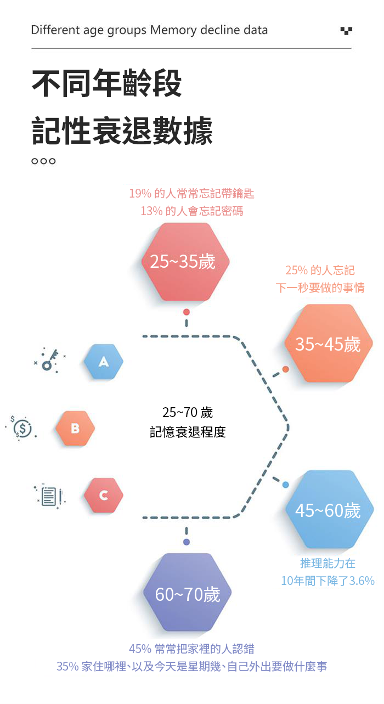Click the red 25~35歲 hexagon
185,262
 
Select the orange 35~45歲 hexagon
329,343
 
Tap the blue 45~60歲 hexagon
329,509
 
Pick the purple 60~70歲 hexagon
187,592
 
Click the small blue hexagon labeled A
103,362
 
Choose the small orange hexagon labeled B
75,428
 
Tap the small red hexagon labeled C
103,495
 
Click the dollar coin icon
21,428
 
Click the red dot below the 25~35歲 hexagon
187,312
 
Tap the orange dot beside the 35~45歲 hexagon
286,369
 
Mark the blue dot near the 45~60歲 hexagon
286,485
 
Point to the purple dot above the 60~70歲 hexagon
187,542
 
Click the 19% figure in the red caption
140,194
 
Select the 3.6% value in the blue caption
362,581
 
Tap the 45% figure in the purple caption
140,649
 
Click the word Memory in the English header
174,31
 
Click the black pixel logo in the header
346,31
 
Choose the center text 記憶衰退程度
188,432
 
